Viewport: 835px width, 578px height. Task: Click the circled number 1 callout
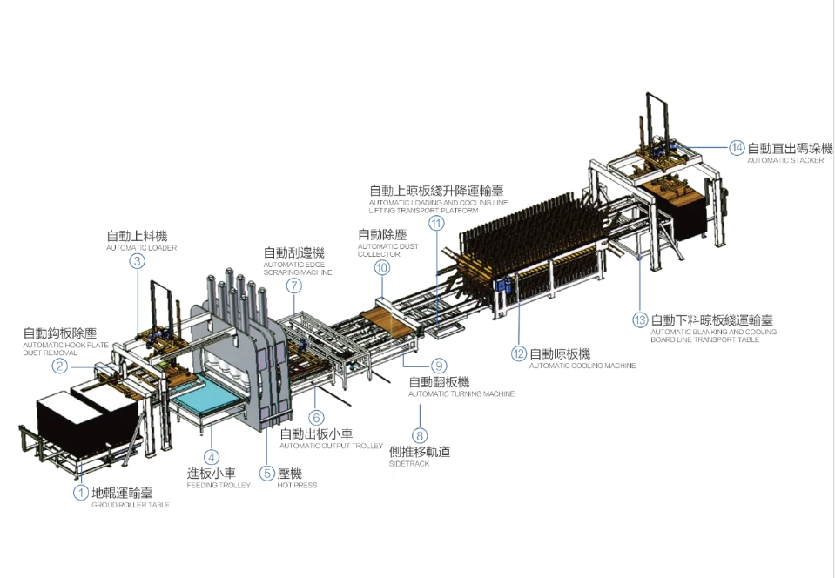click(x=81, y=494)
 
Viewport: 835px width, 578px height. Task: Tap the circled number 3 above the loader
click(x=137, y=260)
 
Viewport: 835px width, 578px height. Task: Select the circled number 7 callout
click(x=294, y=285)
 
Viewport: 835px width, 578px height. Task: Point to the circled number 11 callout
click(x=436, y=223)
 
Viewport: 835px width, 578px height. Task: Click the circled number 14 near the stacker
click(x=737, y=148)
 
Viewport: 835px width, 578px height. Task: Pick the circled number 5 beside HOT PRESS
click(x=267, y=474)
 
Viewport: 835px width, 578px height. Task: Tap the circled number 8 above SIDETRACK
click(x=421, y=435)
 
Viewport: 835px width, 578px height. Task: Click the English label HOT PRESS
click(x=297, y=486)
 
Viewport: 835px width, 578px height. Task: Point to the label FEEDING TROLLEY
click(x=219, y=486)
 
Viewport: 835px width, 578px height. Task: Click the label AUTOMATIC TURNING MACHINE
click(x=461, y=394)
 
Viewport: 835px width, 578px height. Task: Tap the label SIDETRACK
click(x=409, y=464)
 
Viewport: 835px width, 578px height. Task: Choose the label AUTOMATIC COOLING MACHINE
click(x=582, y=366)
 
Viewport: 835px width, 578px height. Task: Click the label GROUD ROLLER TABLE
click(x=131, y=506)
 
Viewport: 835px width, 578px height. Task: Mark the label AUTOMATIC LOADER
click(x=141, y=248)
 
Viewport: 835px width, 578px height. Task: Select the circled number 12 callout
click(x=520, y=354)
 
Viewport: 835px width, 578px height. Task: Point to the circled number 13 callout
click(x=640, y=320)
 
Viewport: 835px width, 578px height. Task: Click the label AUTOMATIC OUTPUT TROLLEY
click(x=331, y=446)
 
